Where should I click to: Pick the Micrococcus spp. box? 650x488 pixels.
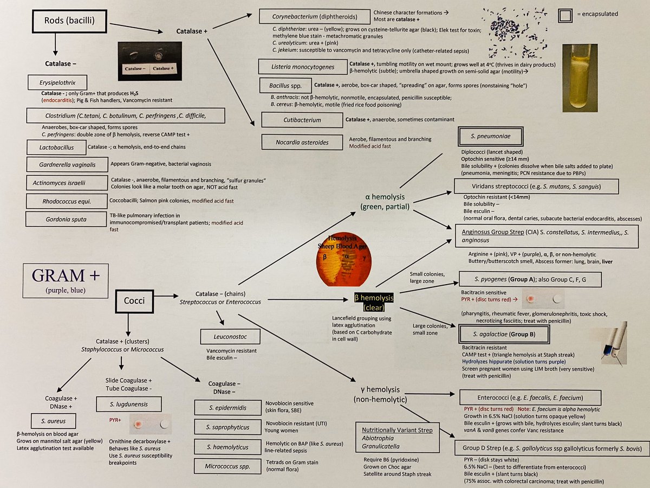pyautogui.click(x=226, y=466)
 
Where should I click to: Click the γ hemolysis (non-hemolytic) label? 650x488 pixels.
pyautogui.click(x=378, y=394)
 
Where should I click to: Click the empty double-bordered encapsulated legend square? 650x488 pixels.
pyautogui.click(x=565, y=16)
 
